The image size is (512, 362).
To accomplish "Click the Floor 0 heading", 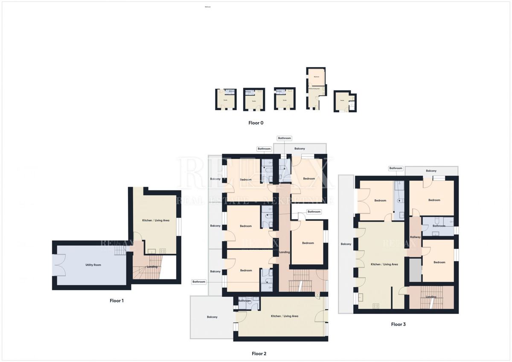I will click(256, 123).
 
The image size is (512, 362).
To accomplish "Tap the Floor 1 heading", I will click(116, 301).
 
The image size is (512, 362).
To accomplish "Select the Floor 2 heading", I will click(259, 353).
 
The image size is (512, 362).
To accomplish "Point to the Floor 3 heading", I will click(398, 324).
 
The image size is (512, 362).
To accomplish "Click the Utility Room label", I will click(93, 265).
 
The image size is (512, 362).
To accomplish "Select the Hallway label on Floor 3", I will click(415, 237).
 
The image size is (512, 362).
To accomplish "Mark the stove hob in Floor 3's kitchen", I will click(376, 305).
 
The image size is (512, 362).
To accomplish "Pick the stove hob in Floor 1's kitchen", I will click(163, 251).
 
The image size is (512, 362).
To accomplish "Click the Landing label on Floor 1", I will click(152, 267).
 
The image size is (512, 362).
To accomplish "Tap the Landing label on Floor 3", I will click(431, 297).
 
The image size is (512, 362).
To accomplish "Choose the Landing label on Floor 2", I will click(284, 252).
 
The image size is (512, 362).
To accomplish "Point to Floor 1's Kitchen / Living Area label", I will click(156, 220).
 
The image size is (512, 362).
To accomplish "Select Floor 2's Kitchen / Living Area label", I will click(285, 316).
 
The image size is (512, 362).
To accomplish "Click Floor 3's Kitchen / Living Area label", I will click(384, 264).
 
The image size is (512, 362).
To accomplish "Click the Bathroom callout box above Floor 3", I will click(396, 168).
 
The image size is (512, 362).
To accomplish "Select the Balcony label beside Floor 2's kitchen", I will click(212, 317).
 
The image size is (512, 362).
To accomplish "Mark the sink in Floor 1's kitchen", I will click(152, 251).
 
